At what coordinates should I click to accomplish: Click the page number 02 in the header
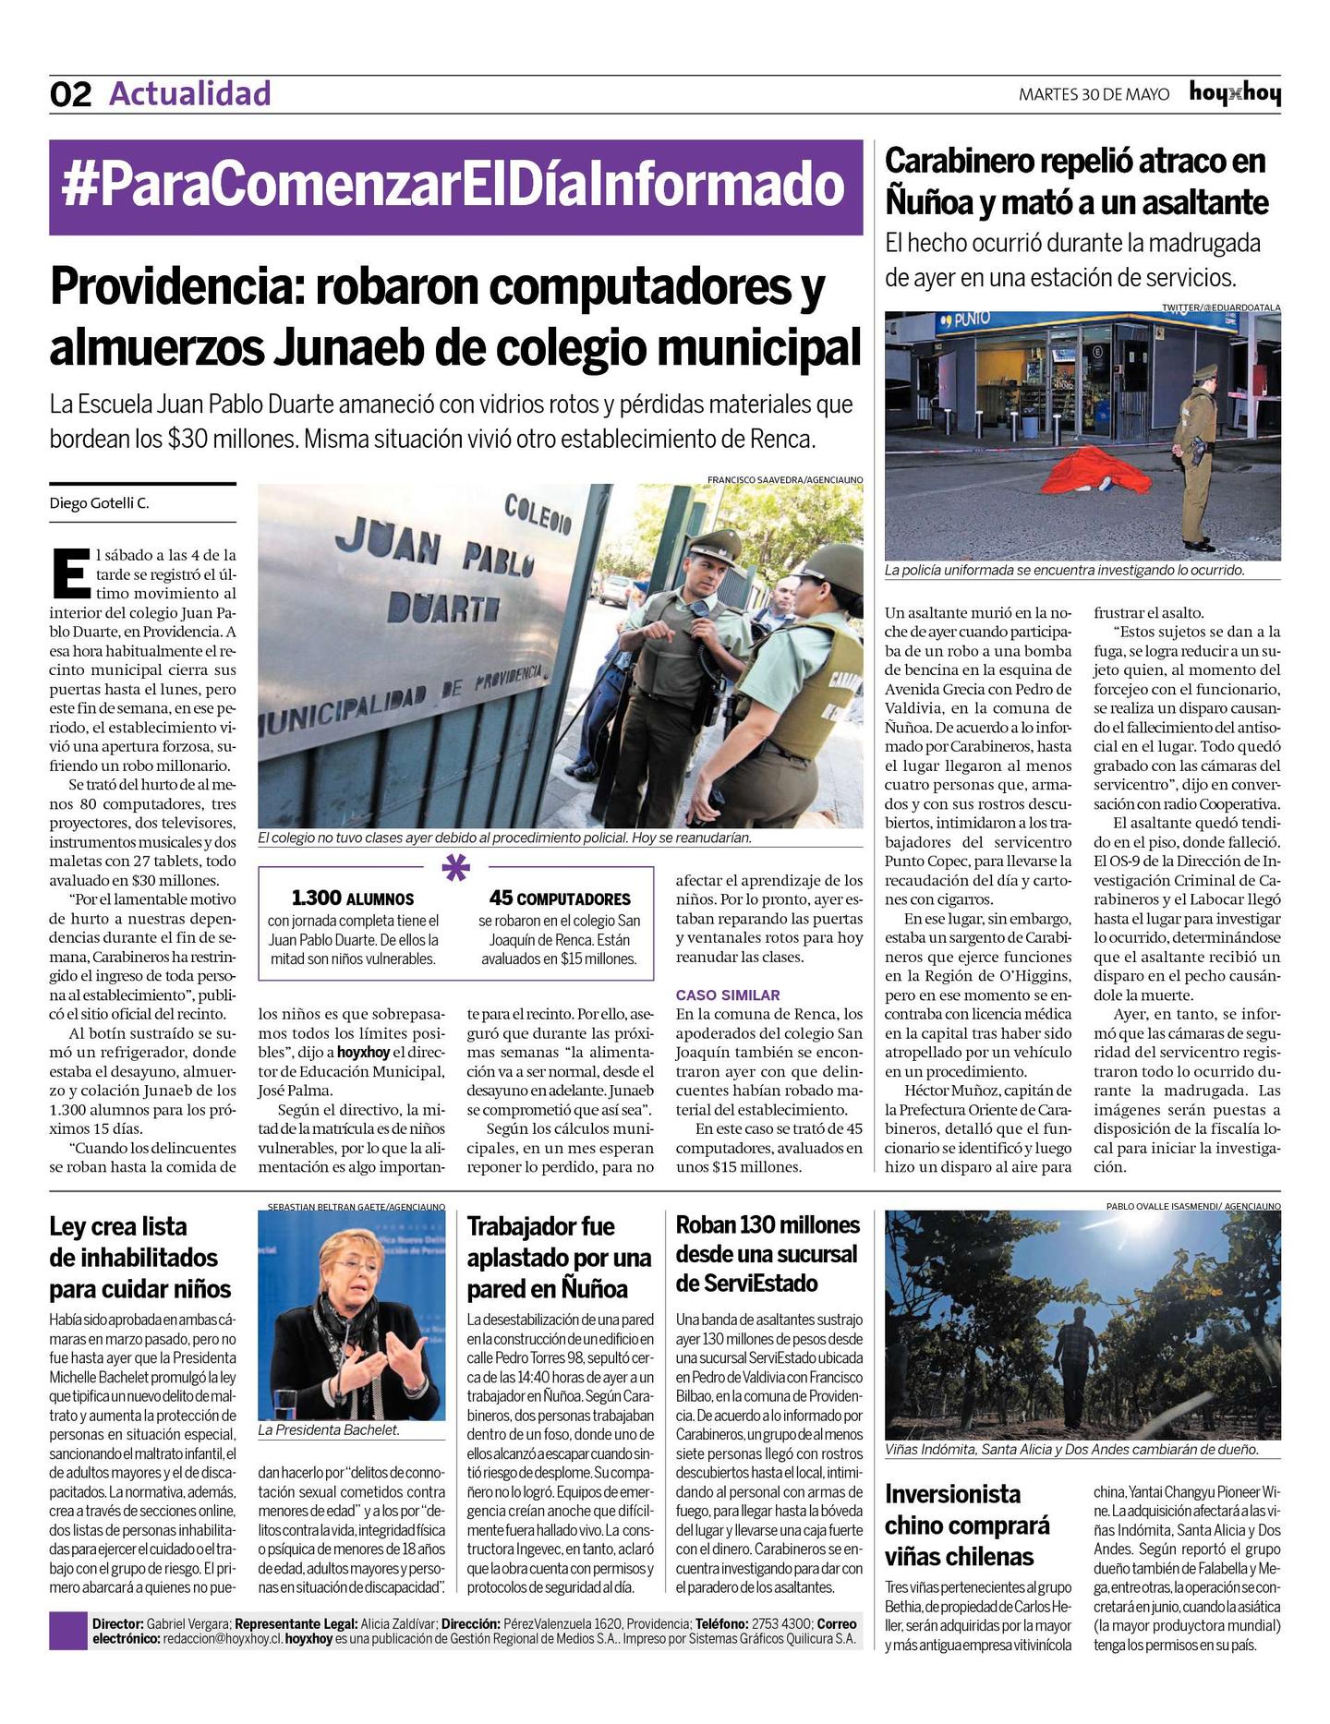pos(70,94)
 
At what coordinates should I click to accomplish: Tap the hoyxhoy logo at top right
pos(1234,93)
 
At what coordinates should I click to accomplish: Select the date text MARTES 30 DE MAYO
pos(1094,94)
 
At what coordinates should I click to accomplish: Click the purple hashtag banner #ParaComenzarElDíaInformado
pos(455,187)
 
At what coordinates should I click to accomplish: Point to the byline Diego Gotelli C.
pos(99,503)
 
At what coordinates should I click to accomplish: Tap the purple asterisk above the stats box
pos(456,867)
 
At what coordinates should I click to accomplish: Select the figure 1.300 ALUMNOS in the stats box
pos(352,898)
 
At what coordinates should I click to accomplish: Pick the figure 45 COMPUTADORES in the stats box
pos(560,898)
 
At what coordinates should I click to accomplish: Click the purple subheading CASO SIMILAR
pos(728,995)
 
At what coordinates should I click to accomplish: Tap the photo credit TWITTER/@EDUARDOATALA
pos(1221,307)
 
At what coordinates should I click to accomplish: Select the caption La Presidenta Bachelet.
pos(329,1429)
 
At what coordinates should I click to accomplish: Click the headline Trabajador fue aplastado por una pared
pos(559,1257)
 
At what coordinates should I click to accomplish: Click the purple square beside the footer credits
pos(66,1631)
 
